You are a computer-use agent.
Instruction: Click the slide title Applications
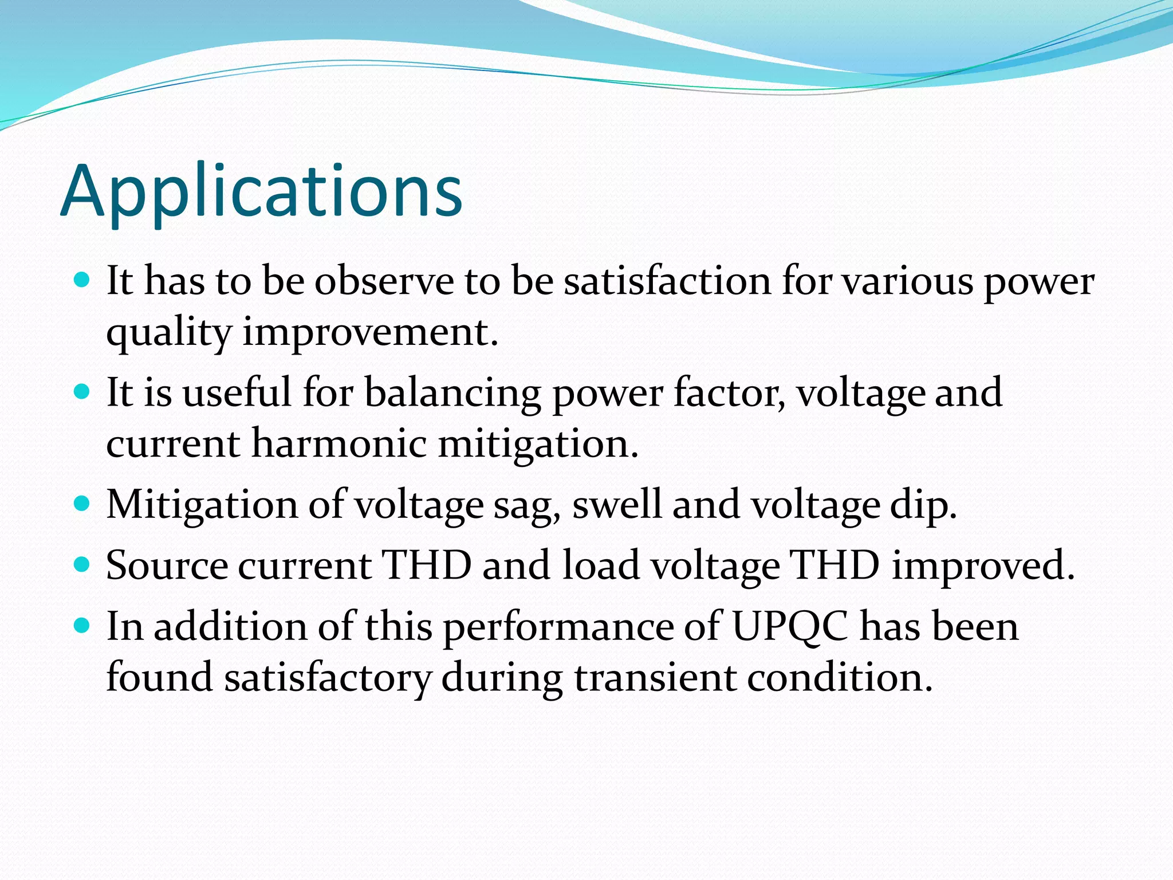[x=261, y=191]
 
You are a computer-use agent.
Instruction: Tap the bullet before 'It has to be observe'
[x=82, y=280]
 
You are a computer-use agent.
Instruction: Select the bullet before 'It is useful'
[x=82, y=392]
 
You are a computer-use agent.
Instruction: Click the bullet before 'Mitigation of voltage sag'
[x=82, y=504]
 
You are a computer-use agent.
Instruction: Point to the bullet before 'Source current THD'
[x=82, y=565]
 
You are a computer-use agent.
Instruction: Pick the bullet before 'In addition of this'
[x=82, y=626]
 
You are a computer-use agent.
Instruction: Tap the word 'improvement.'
[x=371, y=333]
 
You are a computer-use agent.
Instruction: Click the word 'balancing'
[x=452, y=393]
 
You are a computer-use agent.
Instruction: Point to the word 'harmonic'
[x=339, y=444]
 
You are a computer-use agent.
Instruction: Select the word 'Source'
[x=167, y=566]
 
